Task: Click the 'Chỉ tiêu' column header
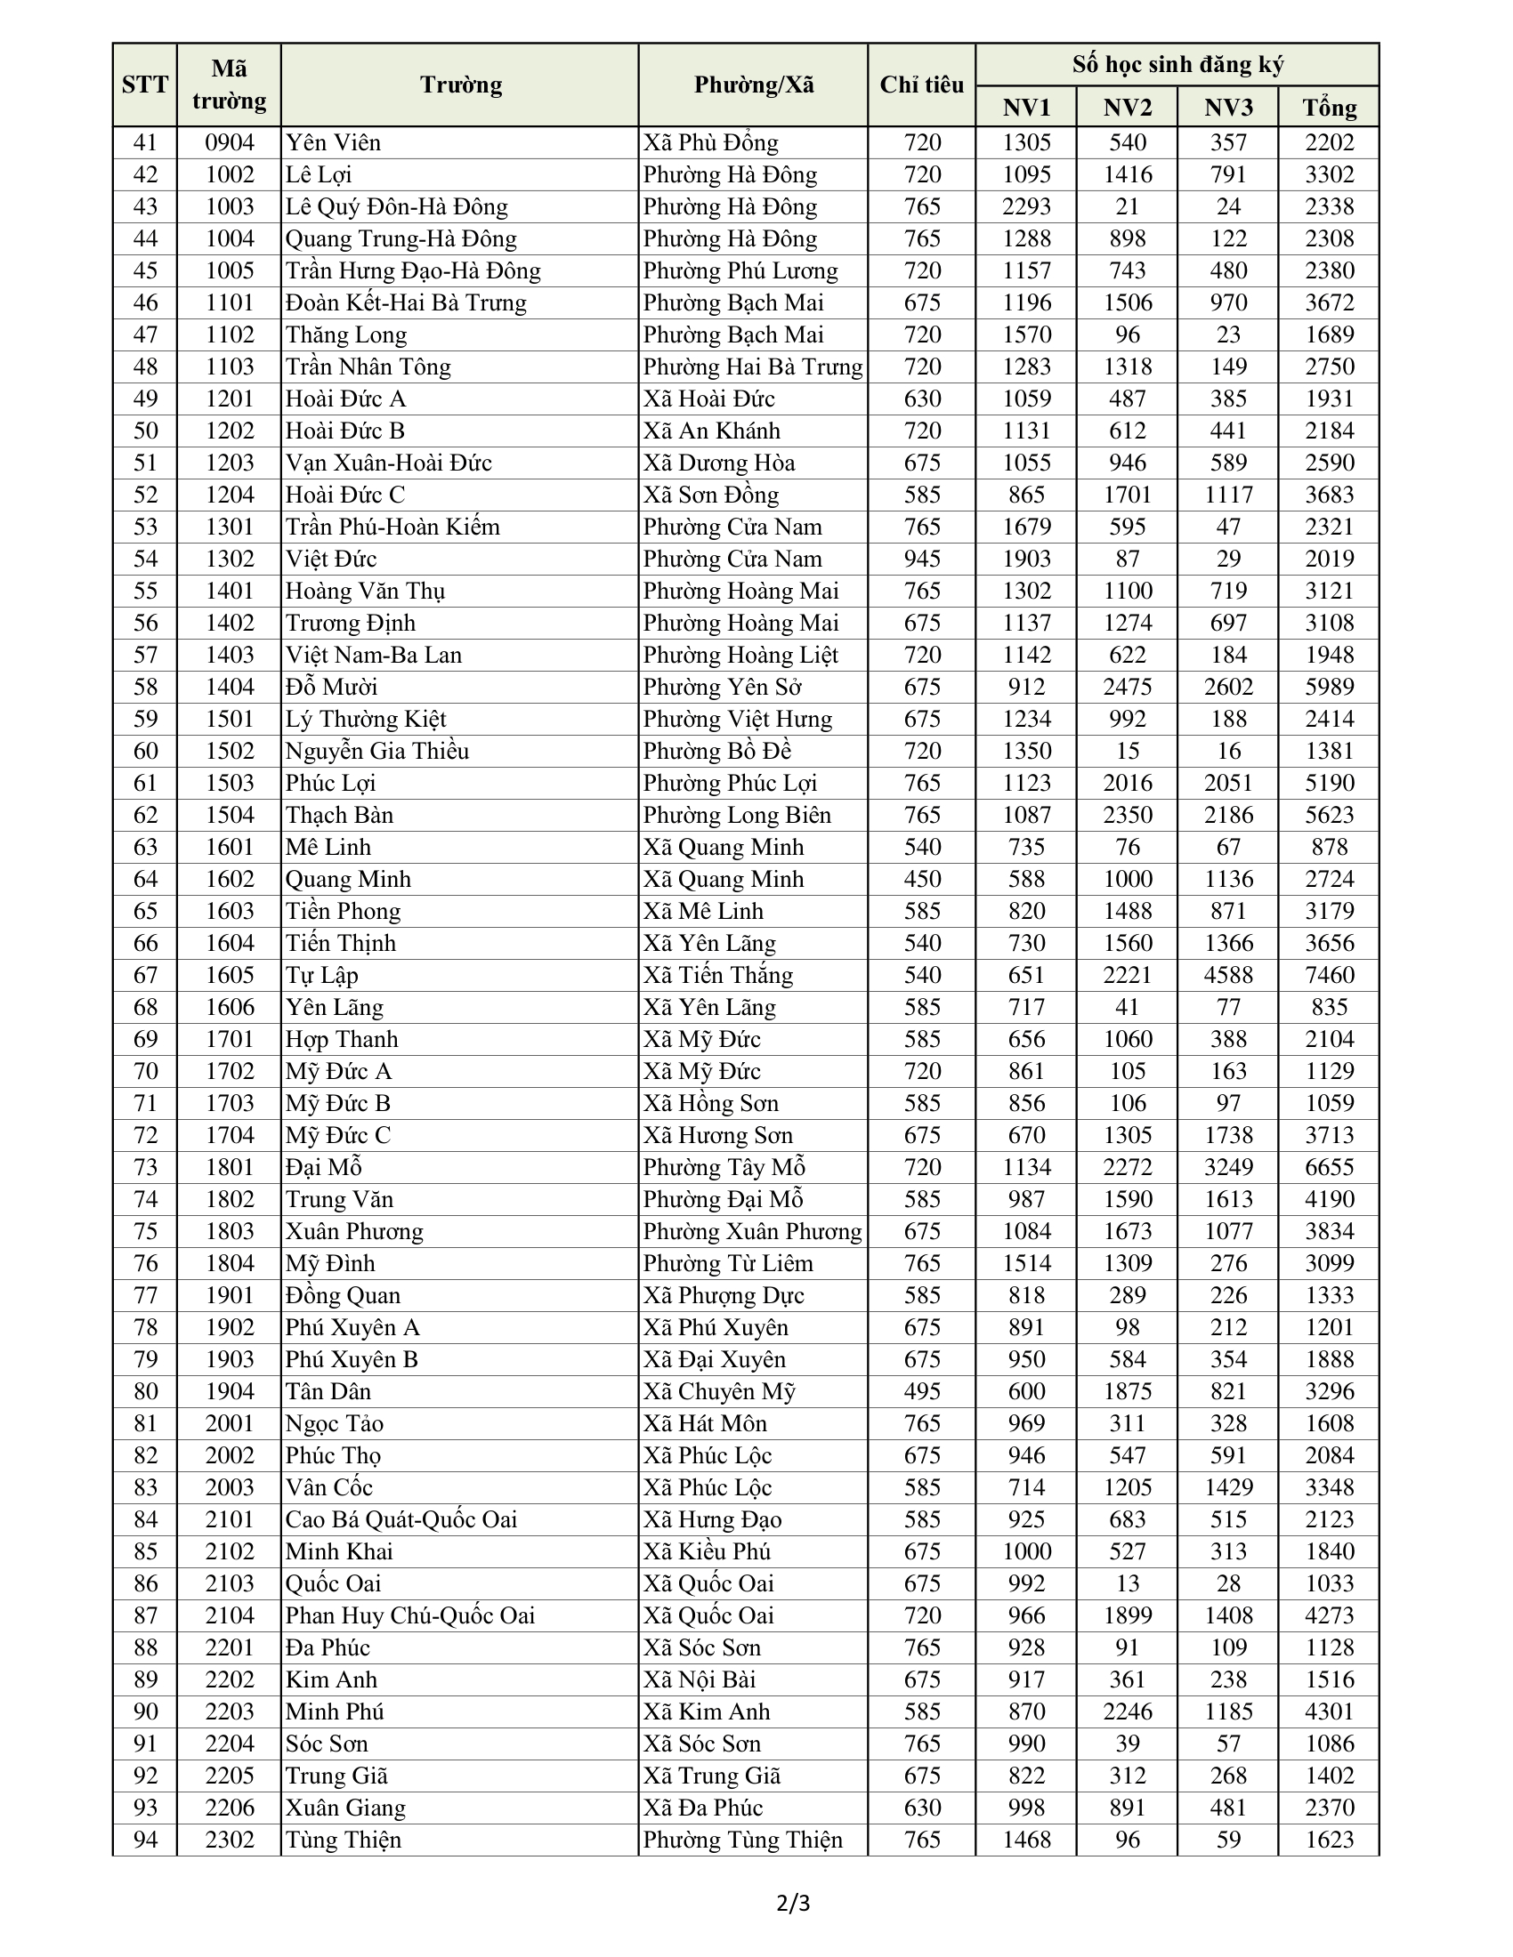[920, 85]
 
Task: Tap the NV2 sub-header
[1127, 108]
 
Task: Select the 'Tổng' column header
[1329, 108]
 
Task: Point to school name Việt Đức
[331, 560]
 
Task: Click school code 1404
[230, 688]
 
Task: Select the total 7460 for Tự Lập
[1329, 975]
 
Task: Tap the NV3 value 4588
[1228, 975]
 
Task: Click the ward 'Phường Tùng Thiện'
[742, 1840]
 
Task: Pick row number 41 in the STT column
[145, 142]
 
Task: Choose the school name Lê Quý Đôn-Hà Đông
[396, 207]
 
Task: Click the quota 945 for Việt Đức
[921, 560]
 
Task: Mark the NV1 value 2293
[1026, 207]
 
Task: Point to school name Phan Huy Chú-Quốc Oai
[409, 1615]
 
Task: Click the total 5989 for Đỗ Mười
[1329, 688]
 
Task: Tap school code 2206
[230, 1808]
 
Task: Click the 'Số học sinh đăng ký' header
[1177, 65]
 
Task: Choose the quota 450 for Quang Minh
[921, 879]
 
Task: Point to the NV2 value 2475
[1127, 688]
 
